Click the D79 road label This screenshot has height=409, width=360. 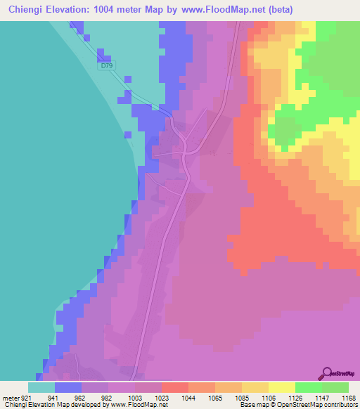[x=107, y=65]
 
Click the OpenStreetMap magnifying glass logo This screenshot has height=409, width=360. [x=326, y=373]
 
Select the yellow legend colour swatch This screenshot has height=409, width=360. [x=282, y=387]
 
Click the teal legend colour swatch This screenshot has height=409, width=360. [x=41, y=387]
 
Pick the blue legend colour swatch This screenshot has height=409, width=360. [x=68, y=387]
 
